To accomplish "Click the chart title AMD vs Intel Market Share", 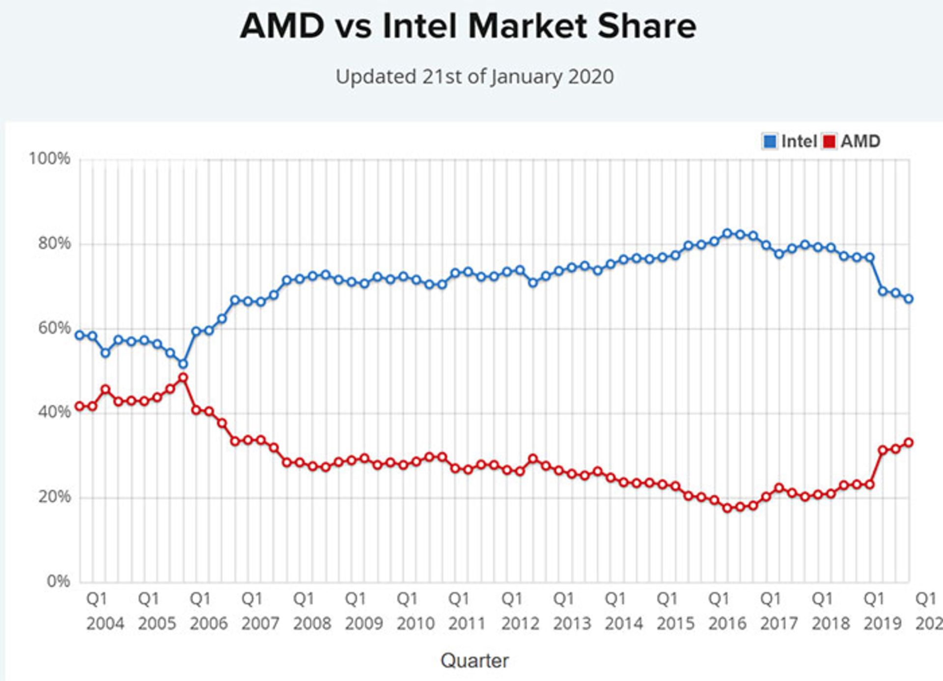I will point(468,26).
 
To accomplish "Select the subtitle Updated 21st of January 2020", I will point(474,77).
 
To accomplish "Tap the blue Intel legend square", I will point(770,141).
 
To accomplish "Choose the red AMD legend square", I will point(830,141).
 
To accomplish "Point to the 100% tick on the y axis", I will point(49,158).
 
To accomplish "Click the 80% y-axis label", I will point(54,243).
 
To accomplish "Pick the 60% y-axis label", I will point(54,328).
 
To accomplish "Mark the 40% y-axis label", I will point(54,412).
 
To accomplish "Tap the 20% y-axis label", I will point(54,497).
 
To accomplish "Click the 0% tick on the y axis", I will point(58,581).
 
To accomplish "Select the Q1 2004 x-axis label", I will point(105,611).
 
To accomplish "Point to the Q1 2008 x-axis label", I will point(312,611).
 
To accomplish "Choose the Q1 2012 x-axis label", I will point(520,611).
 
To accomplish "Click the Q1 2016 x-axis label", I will point(727,611).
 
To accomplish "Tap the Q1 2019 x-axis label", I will point(883,611).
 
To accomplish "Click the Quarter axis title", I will point(474,660).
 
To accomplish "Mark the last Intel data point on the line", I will point(909,298).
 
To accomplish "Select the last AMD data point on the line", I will point(909,443).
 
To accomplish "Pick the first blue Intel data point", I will point(79,335).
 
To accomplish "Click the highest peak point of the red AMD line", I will point(183,378).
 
